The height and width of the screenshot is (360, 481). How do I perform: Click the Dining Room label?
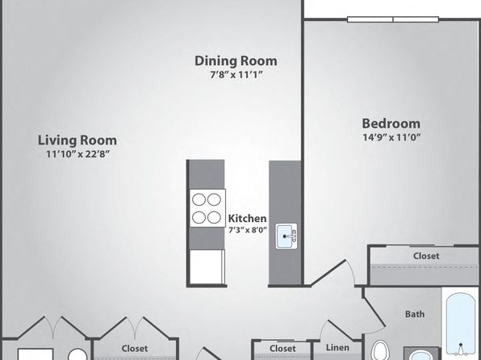point(236,61)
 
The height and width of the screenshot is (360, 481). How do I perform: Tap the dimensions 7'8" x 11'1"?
point(236,74)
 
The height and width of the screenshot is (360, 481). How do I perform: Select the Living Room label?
point(77,140)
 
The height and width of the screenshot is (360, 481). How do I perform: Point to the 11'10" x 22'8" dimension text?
point(78,153)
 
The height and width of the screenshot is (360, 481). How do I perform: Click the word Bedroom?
point(391,123)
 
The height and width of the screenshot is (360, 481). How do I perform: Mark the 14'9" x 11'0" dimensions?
point(391,137)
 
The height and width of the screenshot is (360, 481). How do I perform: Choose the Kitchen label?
point(247,219)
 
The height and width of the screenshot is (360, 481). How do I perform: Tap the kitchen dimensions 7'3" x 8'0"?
point(248,230)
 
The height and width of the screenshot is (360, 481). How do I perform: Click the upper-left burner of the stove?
point(199,200)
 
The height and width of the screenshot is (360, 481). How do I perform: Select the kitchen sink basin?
point(284,237)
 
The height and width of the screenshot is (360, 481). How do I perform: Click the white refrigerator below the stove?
point(207,266)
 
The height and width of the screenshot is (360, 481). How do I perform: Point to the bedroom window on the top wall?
point(393,19)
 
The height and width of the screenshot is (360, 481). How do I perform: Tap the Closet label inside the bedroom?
point(426,256)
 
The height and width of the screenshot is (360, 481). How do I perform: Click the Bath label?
point(415,314)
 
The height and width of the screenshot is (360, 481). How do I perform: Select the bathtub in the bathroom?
point(461,324)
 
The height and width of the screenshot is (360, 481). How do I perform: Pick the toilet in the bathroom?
point(380,350)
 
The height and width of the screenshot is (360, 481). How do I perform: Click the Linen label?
point(337,348)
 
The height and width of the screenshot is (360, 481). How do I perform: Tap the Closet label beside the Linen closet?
point(282,349)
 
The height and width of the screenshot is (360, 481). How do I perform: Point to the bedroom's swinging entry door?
point(328,273)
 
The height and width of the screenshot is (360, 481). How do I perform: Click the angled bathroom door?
point(374,312)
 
